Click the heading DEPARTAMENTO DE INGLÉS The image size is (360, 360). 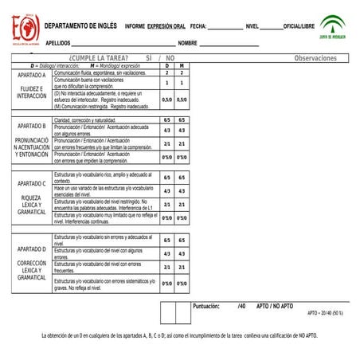[x=80, y=26]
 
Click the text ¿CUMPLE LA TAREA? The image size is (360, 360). [x=99, y=58]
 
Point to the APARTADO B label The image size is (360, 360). [x=32, y=126]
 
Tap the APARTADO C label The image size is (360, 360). [x=32, y=184]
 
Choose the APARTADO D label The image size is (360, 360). [x=32, y=248]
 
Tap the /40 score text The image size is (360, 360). [x=241, y=306]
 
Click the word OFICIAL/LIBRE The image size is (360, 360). [x=299, y=26]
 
